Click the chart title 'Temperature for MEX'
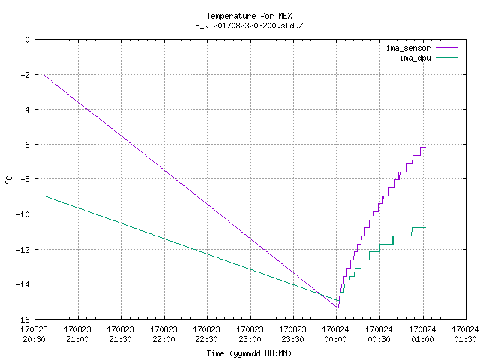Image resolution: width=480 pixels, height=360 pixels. coord(249,16)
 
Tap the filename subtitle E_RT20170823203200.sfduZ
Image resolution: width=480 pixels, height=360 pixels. coord(249,25)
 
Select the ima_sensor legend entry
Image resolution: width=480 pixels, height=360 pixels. coord(421,48)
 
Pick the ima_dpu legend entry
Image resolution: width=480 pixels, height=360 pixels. coord(428,58)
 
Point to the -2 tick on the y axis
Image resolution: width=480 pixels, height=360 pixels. coord(25,75)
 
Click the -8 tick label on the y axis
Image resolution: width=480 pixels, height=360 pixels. coord(25,179)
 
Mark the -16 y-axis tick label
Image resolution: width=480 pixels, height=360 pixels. coord(23,319)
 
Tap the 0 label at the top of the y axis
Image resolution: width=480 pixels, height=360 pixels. coord(28,40)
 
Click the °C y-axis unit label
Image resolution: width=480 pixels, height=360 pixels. coord(9,180)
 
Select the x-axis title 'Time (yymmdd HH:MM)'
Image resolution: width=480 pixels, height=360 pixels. coord(249,353)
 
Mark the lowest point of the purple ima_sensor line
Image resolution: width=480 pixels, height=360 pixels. coord(338,307)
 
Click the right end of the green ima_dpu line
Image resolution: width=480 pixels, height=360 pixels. coord(425,228)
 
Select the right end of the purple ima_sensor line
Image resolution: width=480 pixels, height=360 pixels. coord(425,148)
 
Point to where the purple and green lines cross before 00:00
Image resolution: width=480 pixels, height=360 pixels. coord(320,295)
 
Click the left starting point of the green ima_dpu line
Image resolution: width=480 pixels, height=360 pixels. coord(37,196)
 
